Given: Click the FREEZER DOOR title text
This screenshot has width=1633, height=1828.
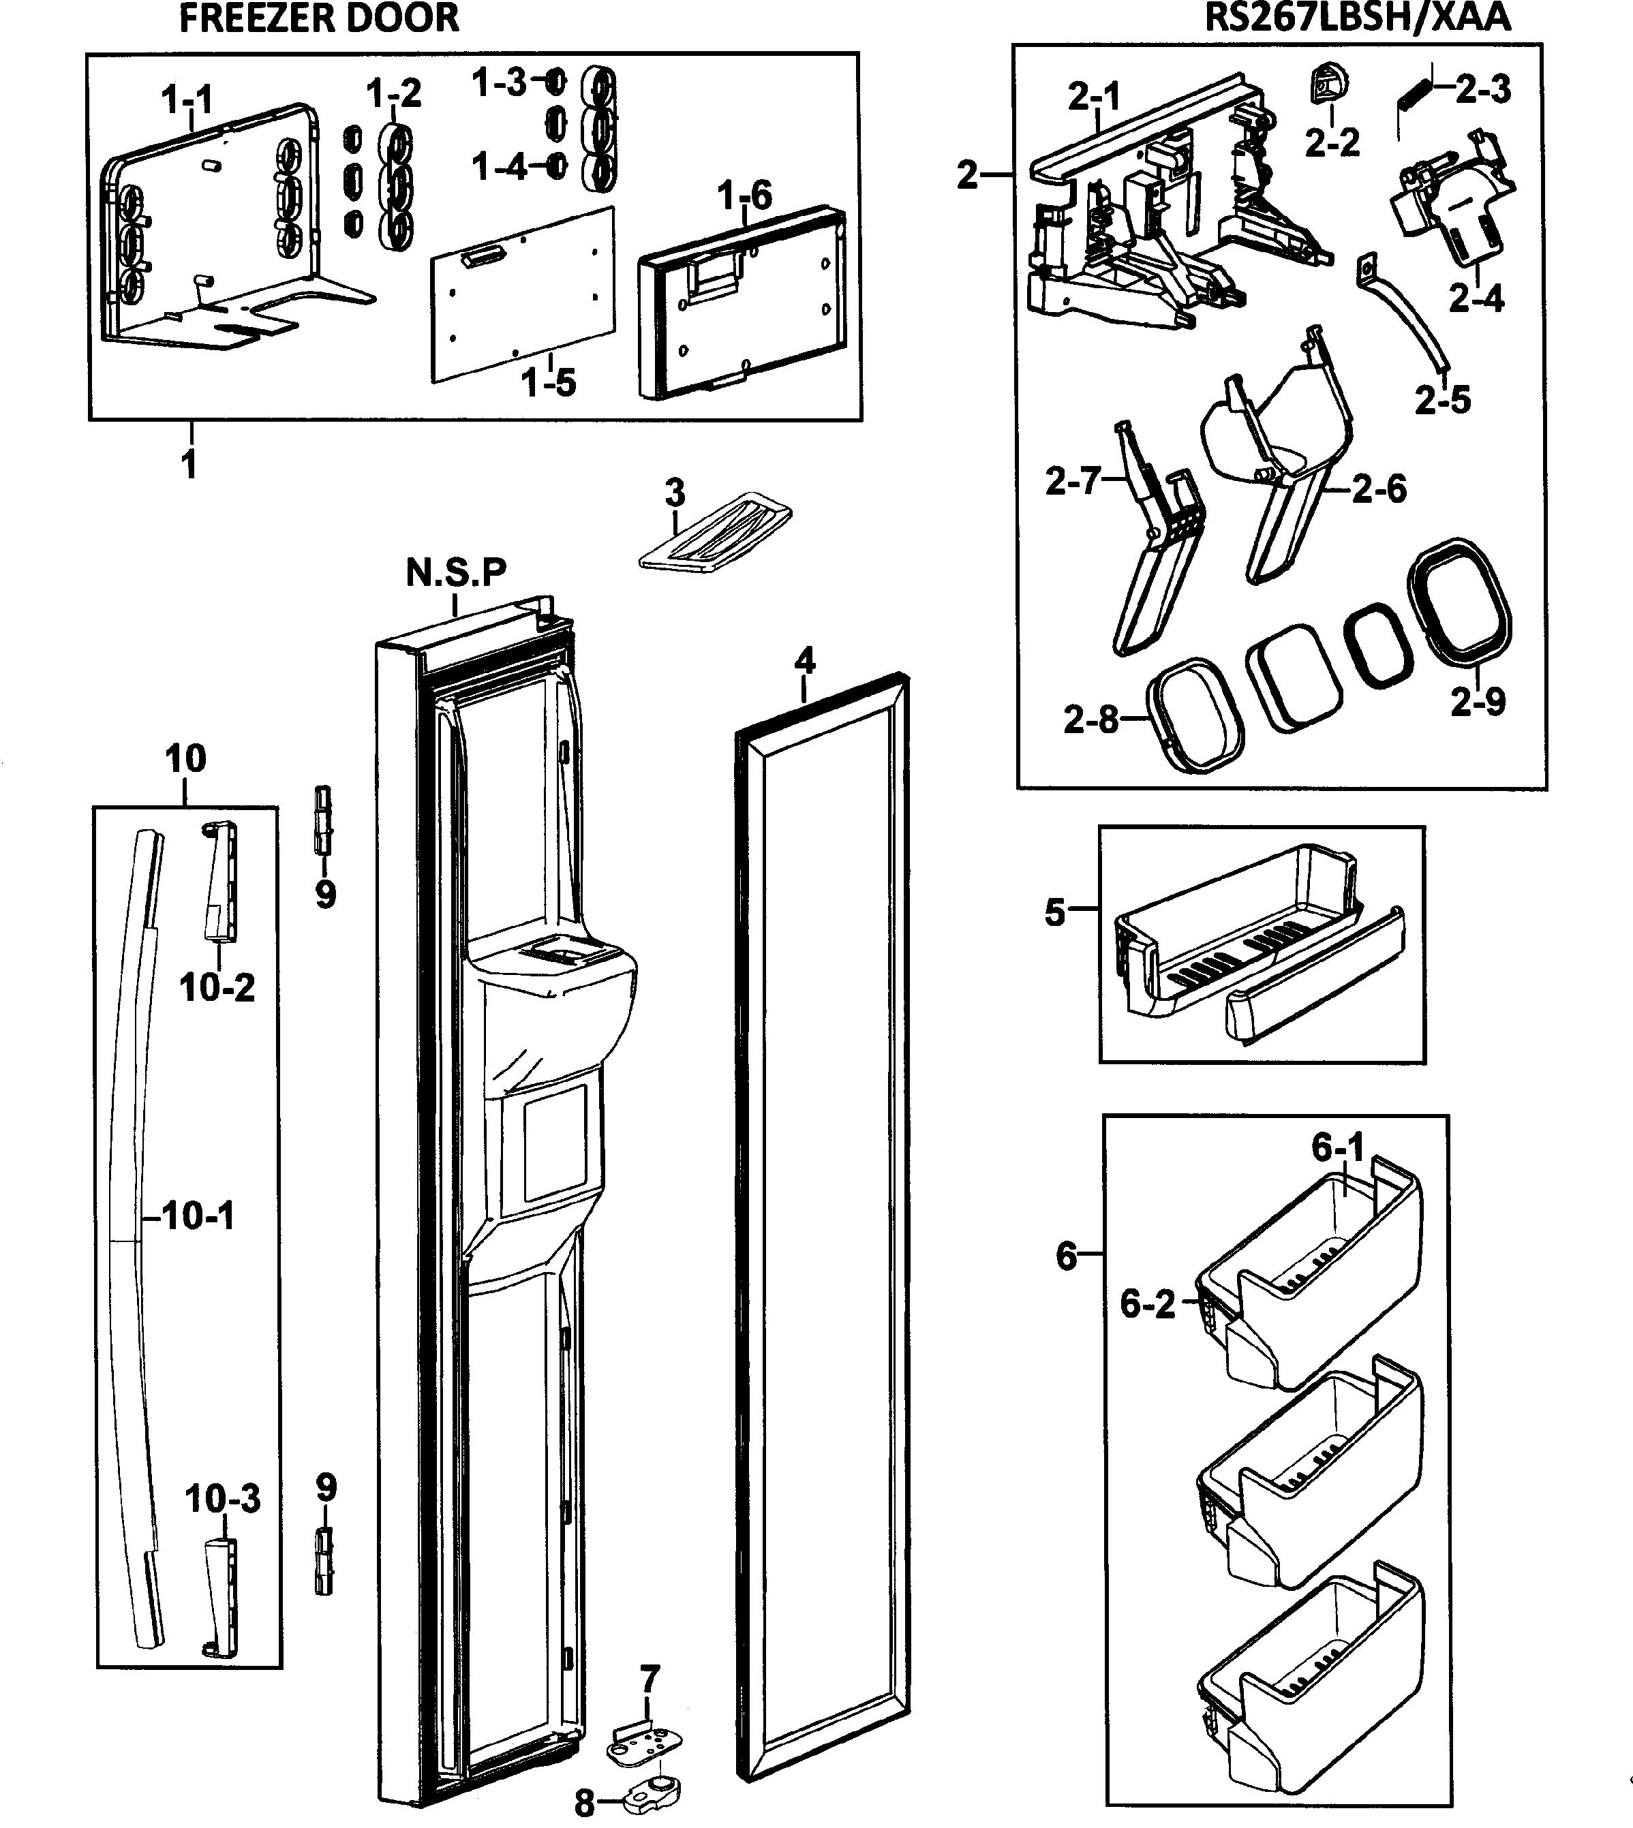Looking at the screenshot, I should (x=318, y=18).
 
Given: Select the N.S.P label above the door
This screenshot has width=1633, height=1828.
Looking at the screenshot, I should (x=456, y=572).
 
